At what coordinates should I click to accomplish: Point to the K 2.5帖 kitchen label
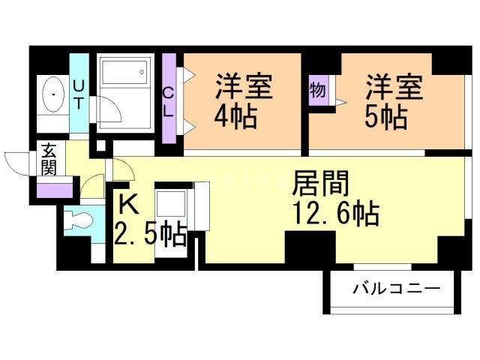point(149,221)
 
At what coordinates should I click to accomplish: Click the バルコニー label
point(394,288)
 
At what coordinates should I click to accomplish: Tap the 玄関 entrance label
point(49,157)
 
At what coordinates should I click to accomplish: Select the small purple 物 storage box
point(317,91)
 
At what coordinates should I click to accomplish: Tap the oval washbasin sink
point(53,95)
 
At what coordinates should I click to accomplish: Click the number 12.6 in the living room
point(319,215)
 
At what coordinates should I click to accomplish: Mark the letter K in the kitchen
point(129,202)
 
